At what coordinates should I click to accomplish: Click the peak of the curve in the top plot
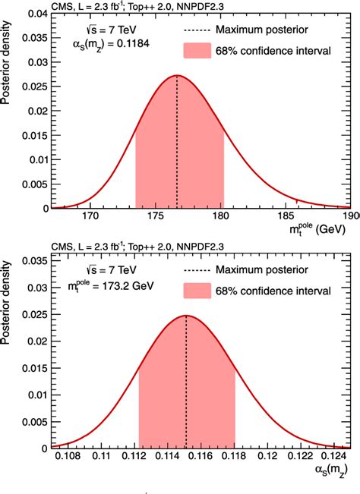(x=177, y=75)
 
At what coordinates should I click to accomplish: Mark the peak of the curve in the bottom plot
(x=186, y=316)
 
